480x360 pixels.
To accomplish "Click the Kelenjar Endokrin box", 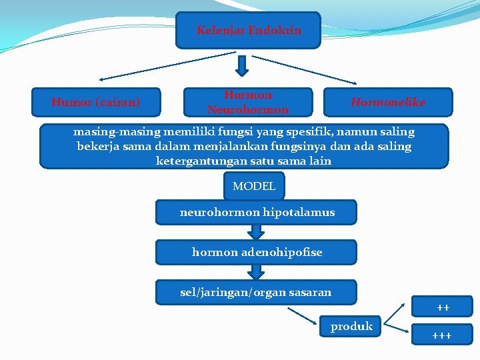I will pos(248,31).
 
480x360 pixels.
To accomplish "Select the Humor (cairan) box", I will pos(97,103).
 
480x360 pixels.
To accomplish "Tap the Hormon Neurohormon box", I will pos(248,103).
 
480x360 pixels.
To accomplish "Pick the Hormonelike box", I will pos(388,103).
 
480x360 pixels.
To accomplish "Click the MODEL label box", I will pos(254,186).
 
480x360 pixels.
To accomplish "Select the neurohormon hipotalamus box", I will pos(257,213).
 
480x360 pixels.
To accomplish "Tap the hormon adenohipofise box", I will pos(257,252).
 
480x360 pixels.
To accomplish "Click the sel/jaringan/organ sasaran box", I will pos(257,292).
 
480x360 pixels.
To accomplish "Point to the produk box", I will pos(351,327).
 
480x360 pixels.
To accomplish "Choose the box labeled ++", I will pos(443,307).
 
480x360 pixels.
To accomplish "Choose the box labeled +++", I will pos(441,335).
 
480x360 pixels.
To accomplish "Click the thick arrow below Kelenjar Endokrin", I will pos(243,65).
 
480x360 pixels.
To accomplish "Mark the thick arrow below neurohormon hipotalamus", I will pos(255,232).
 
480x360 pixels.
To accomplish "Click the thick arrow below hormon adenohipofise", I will pos(255,272).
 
